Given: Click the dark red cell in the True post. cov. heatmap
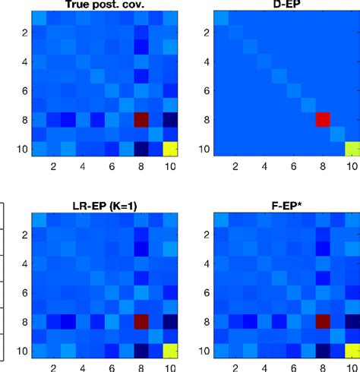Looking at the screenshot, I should pyautogui.click(x=142, y=119).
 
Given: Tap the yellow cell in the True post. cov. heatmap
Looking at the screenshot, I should pyautogui.click(x=172, y=148).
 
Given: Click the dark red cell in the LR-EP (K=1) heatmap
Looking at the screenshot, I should pyautogui.click(x=142, y=322).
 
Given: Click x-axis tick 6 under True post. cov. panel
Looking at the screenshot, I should pyautogui.click(x=112, y=166).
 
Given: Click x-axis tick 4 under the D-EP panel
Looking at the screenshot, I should pyautogui.click(x=264, y=166).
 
